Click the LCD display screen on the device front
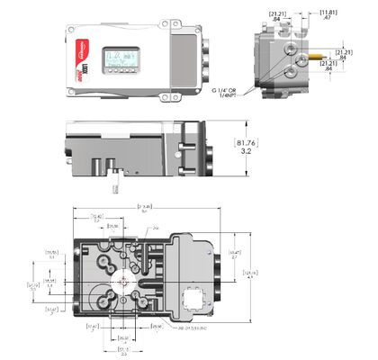pyautogui.click(x=120, y=60)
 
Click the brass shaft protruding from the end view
pyautogui.click(x=317, y=53)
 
